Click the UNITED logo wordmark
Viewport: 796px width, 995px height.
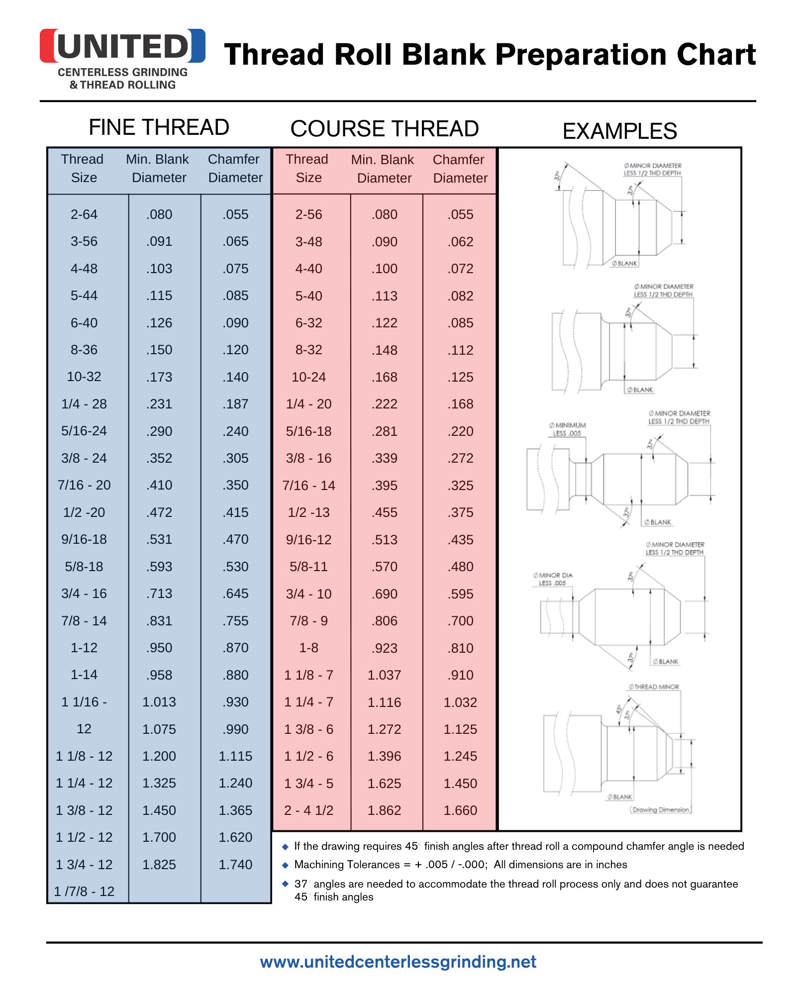[x=122, y=46]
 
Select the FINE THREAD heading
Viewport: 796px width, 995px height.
[x=159, y=127]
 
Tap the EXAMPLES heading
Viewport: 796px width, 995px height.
[x=619, y=131]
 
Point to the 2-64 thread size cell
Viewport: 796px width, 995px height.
[x=84, y=214]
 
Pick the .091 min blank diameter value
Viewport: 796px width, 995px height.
[x=159, y=241]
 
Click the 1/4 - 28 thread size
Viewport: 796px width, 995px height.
[x=84, y=404]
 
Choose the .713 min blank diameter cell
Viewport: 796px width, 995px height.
[x=159, y=594]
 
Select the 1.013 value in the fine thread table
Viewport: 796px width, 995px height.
[x=159, y=702]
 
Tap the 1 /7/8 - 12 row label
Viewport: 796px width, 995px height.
[x=84, y=892]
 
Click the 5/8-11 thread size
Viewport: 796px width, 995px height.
[x=308, y=567]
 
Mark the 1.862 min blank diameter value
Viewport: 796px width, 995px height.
[x=384, y=810]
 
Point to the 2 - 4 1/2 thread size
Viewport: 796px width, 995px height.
[x=308, y=810]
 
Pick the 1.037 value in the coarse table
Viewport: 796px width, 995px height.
[x=384, y=675]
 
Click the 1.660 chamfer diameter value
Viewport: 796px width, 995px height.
[x=460, y=810]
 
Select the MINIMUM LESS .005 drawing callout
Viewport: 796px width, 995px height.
[x=568, y=429]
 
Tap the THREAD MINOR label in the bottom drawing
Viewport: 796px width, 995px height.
[x=654, y=687]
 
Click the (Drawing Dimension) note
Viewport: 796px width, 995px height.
[x=661, y=810]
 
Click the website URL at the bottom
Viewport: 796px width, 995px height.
[x=398, y=962]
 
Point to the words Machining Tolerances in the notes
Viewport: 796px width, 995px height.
[x=347, y=865]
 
